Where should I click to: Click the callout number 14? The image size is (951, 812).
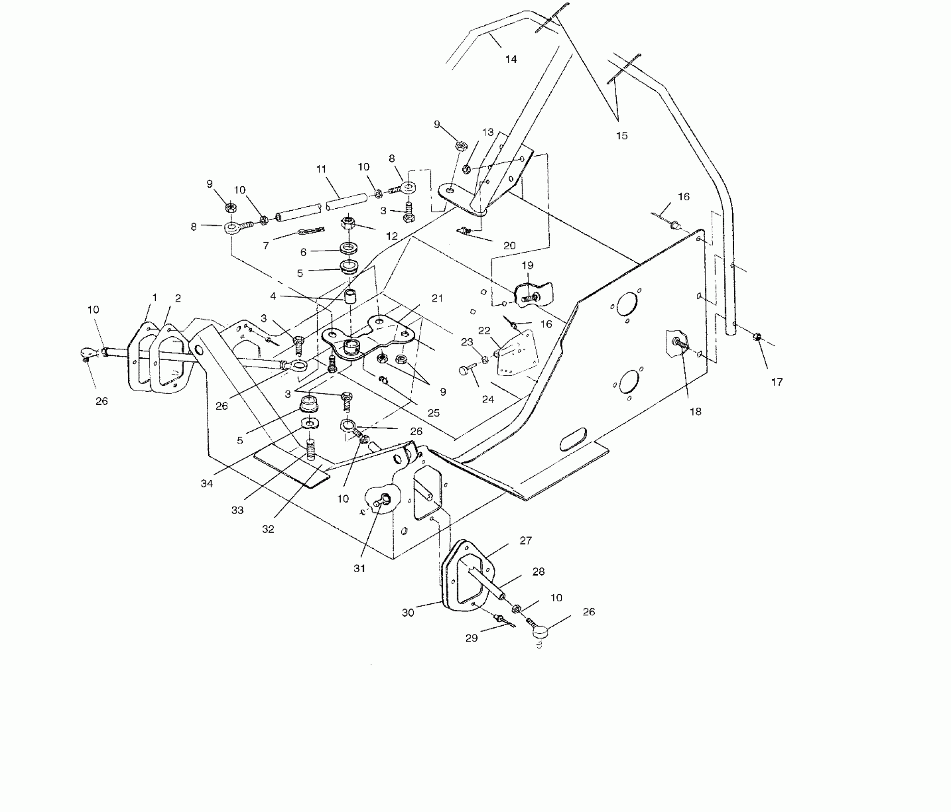(x=511, y=59)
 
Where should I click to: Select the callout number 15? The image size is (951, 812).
(x=621, y=136)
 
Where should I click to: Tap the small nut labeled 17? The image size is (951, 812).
(x=757, y=337)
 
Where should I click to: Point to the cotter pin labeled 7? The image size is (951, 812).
(x=311, y=232)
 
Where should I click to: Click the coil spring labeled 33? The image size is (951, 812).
(x=311, y=450)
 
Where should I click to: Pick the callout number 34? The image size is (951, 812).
(x=207, y=483)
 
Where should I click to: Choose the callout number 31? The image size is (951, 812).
(x=359, y=568)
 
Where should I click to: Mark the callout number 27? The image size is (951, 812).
(x=525, y=541)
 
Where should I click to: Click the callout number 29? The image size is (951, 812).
(x=471, y=638)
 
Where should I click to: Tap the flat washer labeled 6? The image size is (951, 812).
(x=350, y=248)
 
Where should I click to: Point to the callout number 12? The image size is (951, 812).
(x=392, y=235)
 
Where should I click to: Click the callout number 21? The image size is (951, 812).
(x=437, y=299)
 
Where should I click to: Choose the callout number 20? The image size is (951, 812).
(x=510, y=246)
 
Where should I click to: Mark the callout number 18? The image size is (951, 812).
(x=695, y=411)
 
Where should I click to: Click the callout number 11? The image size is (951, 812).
(x=321, y=169)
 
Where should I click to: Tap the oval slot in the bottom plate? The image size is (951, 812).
(x=573, y=439)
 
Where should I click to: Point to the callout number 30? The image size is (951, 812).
(x=408, y=612)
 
